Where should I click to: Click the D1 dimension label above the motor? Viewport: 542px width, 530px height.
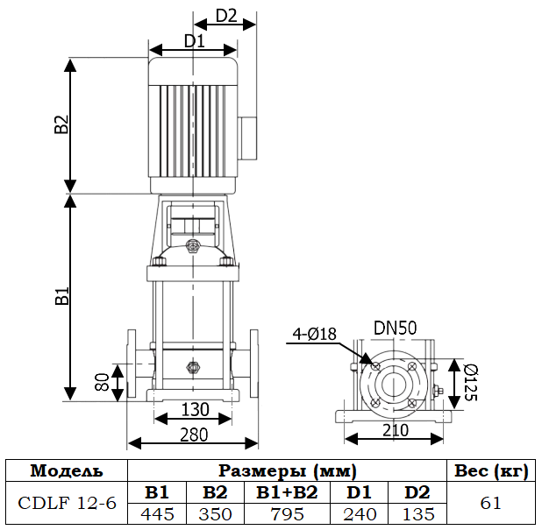point(194,39)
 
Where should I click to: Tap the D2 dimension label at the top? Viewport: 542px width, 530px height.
point(226,16)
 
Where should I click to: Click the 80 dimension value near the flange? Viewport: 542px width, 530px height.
point(103,382)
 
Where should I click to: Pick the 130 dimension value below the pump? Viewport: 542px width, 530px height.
point(195,409)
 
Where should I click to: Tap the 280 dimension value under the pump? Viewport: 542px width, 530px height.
point(195,435)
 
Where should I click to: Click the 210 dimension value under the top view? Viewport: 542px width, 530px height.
point(395,430)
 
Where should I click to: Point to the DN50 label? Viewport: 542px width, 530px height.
point(395,328)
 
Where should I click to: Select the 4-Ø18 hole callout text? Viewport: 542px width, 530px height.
point(316,333)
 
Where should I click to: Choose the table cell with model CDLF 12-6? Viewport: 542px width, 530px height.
point(67,503)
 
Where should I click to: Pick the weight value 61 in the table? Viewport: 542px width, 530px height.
point(491,503)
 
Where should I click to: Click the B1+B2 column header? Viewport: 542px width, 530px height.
point(287,492)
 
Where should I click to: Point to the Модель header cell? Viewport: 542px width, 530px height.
point(67,470)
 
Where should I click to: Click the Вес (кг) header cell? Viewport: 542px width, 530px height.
point(491,470)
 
